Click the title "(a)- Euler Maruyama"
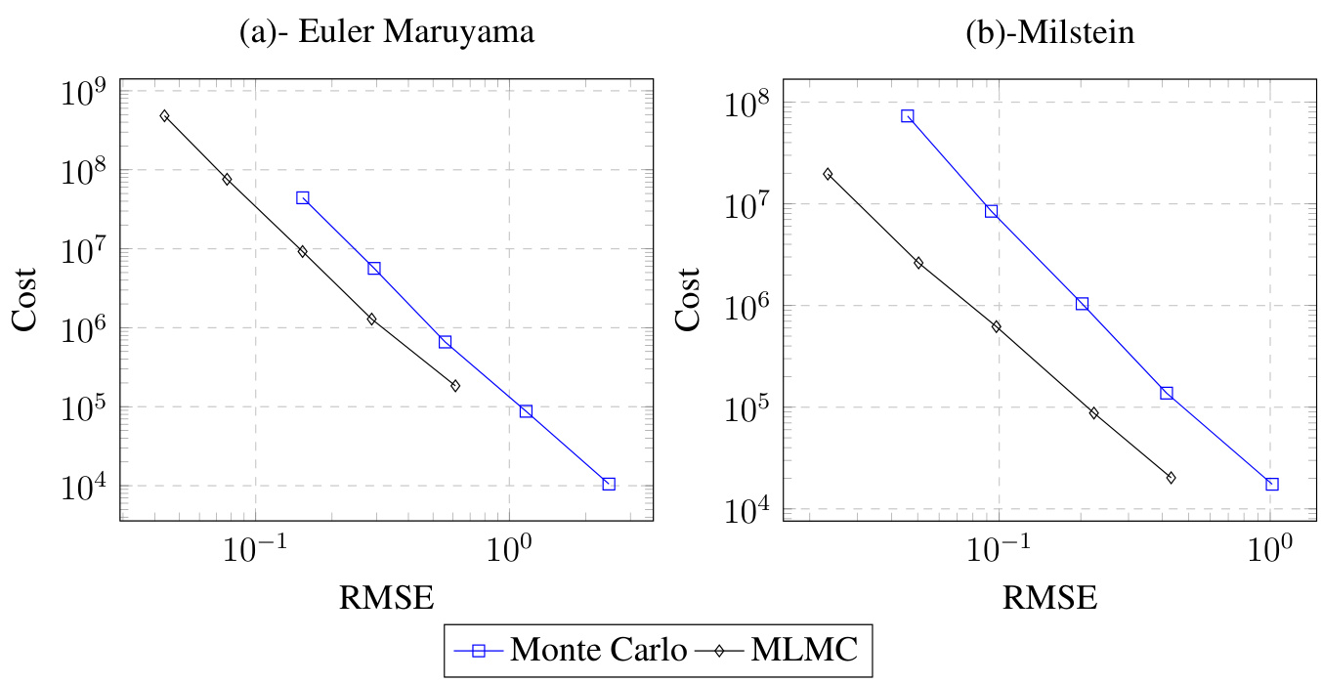click(x=387, y=33)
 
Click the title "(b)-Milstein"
click(x=1048, y=33)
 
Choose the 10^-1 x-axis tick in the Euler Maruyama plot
click(x=255, y=544)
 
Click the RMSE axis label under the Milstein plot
click(x=1049, y=596)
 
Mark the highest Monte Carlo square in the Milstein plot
click(x=907, y=115)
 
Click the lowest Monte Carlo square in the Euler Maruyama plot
click(x=609, y=484)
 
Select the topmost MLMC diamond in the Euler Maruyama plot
click(x=164, y=115)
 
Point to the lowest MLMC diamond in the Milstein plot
click(x=1171, y=478)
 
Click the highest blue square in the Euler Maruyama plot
click(x=303, y=197)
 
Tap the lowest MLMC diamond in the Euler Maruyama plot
click(x=455, y=386)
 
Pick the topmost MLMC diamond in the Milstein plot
click(x=828, y=174)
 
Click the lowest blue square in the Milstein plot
click(x=1272, y=485)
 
